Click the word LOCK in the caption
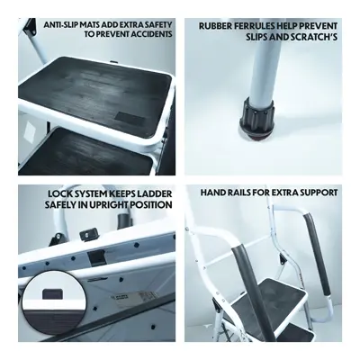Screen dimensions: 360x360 (58, 193)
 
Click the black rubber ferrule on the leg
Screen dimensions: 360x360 (256, 120)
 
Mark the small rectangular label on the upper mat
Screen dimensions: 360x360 (130, 119)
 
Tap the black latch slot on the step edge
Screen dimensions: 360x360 (96, 258)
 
